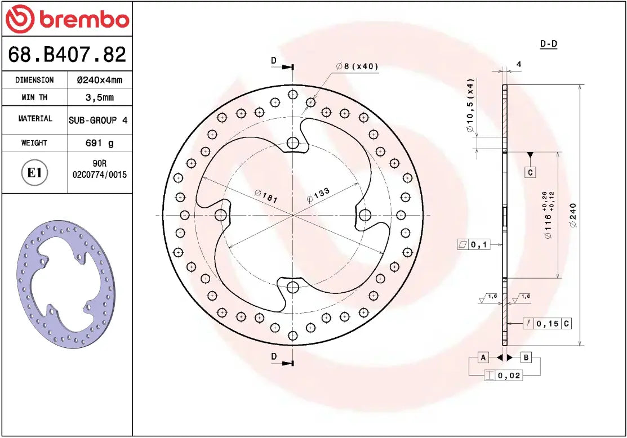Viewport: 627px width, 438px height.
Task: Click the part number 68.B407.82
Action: (66, 55)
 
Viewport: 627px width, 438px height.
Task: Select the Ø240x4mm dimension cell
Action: (99, 80)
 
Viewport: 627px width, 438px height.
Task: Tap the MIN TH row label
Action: (34, 97)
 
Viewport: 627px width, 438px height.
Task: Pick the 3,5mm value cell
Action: (99, 97)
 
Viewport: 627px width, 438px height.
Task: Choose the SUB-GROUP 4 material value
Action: (98, 120)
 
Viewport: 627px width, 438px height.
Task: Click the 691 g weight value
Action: (99, 143)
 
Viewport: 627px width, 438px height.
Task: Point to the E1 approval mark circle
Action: (34, 172)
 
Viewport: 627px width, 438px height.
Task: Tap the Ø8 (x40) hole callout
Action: (357, 66)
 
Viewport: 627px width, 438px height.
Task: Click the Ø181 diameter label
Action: (266, 196)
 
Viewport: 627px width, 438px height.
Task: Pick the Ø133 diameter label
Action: (318, 195)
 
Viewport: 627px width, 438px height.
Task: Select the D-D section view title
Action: (548, 44)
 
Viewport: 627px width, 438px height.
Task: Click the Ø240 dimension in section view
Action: (573, 215)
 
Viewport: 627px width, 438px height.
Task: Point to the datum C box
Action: (530, 172)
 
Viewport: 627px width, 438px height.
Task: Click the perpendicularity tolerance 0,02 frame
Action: (503, 376)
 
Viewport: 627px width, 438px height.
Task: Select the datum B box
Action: (526, 357)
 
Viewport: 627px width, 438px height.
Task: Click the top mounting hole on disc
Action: (292, 143)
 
